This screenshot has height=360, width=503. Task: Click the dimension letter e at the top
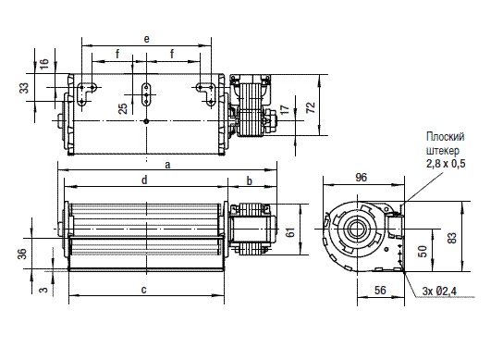click(147, 39)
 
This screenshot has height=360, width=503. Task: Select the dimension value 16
click(44, 64)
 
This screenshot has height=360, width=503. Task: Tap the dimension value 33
click(24, 88)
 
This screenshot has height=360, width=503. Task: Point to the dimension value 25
click(123, 108)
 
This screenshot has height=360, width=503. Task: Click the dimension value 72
click(311, 107)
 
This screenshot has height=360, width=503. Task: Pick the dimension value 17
click(285, 109)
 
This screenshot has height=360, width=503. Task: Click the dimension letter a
click(167, 165)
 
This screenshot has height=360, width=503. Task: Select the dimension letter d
click(144, 180)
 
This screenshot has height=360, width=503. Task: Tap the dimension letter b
click(250, 180)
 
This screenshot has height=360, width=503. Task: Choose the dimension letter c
click(143, 290)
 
